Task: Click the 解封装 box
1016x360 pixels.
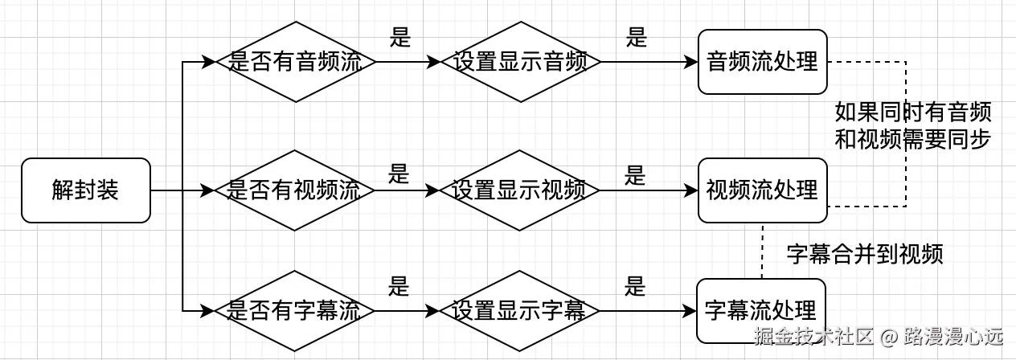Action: click(x=86, y=190)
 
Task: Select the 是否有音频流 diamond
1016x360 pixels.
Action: click(x=296, y=62)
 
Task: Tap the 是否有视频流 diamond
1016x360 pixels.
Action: click(x=296, y=190)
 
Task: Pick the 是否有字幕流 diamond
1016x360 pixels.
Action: click(x=296, y=310)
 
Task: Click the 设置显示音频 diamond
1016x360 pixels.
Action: click(x=521, y=62)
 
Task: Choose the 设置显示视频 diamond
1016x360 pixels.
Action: click(x=521, y=190)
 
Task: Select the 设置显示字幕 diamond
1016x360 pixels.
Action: click(x=521, y=310)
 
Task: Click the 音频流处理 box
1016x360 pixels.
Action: click(x=762, y=62)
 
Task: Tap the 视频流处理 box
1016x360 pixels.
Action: click(x=762, y=190)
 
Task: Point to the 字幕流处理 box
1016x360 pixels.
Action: click(x=761, y=310)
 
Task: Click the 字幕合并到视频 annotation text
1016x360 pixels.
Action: click(x=864, y=254)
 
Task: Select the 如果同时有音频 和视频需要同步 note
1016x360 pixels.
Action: click(x=912, y=125)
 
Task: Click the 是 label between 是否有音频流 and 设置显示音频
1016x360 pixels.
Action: click(x=399, y=37)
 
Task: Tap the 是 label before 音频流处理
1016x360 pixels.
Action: click(x=637, y=38)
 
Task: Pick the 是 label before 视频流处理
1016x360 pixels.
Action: click(x=636, y=175)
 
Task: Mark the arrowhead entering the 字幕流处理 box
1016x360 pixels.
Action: click(x=690, y=310)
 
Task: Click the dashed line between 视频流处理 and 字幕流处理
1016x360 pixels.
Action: click(x=762, y=251)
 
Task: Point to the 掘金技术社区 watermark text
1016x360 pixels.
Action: click(x=813, y=336)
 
